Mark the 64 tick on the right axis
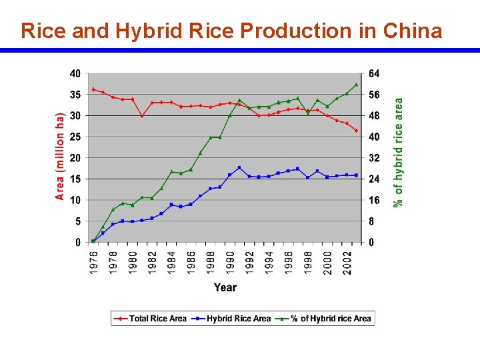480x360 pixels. pyautogui.click(x=374, y=73)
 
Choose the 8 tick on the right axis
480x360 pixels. pyautogui.click(x=372, y=221)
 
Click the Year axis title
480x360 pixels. pyautogui.click(x=225, y=287)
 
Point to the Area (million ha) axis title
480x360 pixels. pyautogui.click(x=60, y=157)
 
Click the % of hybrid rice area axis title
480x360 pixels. pyautogui.click(x=399, y=153)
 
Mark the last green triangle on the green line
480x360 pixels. pyautogui.click(x=357, y=85)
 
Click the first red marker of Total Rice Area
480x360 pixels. pyautogui.click(x=93, y=89)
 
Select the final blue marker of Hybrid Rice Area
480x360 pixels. pyautogui.click(x=357, y=175)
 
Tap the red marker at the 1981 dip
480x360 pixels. pyautogui.click(x=142, y=116)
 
